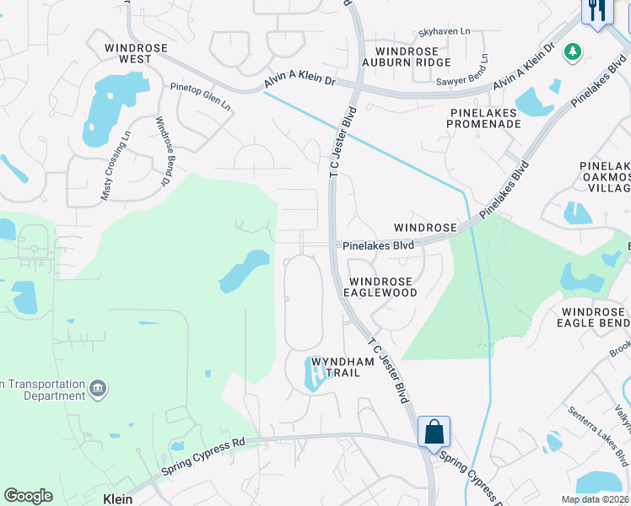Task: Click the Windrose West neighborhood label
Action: tap(128, 53)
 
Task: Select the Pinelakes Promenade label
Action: tap(485, 117)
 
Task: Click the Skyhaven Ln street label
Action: tap(444, 32)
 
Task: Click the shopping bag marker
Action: tap(434, 431)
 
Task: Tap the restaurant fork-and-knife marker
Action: tap(596, 11)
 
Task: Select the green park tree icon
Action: tap(573, 52)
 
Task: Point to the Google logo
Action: tap(28, 496)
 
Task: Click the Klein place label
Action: tap(117, 498)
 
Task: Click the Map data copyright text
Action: tap(595, 499)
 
